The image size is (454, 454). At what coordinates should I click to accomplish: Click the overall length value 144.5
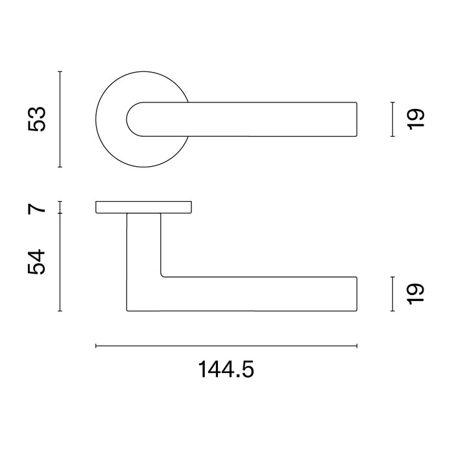click(x=226, y=370)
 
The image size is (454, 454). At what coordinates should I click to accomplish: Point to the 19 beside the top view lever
click(x=416, y=119)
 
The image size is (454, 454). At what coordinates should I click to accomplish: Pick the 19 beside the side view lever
click(x=416, y=293)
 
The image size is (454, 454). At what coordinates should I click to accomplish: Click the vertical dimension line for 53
click(x=60, y=119)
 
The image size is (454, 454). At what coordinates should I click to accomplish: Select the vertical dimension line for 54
click(x=60, y=263)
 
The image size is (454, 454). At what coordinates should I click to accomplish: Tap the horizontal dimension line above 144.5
click(x=226, y=346)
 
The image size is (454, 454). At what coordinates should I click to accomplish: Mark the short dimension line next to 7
click(x=60, y=208)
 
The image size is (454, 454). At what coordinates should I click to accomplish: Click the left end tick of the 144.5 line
click(x=96, y=346)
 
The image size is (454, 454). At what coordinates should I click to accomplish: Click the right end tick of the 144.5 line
click(x=357, y=346)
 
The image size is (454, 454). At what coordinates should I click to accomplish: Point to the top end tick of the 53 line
click(x=60, y=71)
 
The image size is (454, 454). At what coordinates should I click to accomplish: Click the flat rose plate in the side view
click(x=143, y=207)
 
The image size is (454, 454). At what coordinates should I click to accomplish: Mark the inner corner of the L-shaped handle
click(x=161, y=276)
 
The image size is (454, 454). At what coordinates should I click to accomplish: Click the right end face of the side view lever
click(x=357, y=294)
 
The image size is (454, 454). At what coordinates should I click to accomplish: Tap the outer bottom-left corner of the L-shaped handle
click(x=127, y=311)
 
